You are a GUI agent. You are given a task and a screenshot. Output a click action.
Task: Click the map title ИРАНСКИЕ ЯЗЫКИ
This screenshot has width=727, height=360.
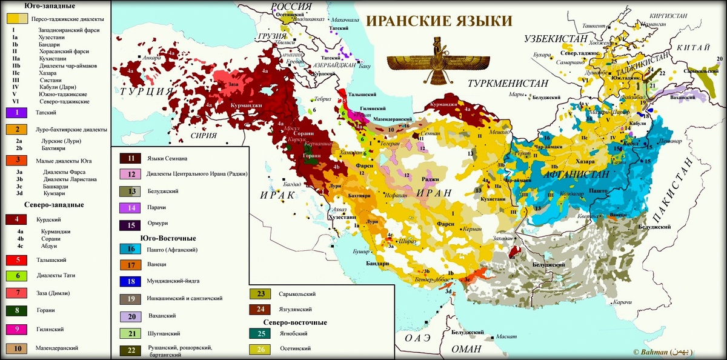pos(439,21)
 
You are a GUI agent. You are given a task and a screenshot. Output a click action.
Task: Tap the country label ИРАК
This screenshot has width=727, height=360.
pos(275,195)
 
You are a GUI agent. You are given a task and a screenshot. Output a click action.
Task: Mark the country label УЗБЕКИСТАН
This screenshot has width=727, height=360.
pos(556,39)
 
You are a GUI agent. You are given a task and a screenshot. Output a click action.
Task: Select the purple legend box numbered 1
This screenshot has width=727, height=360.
pos(18,112)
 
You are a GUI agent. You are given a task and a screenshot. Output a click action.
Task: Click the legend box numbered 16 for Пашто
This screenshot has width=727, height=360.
pos(131,249)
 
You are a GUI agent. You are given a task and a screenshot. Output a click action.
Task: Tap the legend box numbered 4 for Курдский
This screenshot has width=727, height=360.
pos(18,220)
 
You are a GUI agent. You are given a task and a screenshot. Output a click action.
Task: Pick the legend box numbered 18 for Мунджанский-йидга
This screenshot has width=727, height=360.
pos(131,281)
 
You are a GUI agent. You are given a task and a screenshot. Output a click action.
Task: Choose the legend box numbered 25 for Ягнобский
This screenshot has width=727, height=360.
pos(261,333)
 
